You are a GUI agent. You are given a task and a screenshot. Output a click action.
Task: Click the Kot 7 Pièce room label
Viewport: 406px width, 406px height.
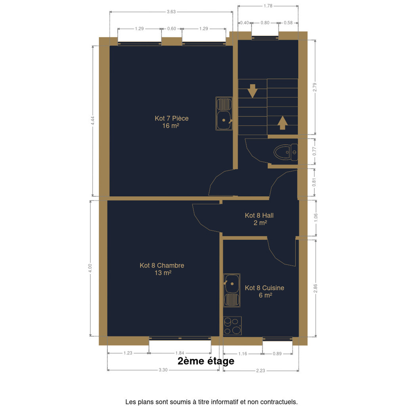tap(171, 122)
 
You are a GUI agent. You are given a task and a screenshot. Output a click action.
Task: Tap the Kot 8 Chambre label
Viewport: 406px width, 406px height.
tap(162, 269)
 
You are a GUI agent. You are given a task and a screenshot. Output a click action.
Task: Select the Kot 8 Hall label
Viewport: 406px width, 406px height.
tap(259, 219)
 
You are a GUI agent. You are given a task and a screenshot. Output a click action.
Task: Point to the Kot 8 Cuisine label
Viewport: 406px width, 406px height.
tap(264, 291)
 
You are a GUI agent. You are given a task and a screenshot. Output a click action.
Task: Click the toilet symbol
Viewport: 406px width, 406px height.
tap(285, 152)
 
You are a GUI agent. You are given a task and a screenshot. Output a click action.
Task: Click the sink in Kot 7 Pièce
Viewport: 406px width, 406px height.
tap(224, 113)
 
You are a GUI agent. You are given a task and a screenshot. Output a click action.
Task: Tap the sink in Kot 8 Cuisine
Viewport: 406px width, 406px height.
tap(232, 291)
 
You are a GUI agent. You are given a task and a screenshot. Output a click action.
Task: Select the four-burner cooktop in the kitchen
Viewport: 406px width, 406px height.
tap(232, 326)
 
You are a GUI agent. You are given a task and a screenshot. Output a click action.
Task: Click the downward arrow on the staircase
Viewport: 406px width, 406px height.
tap(252, 91)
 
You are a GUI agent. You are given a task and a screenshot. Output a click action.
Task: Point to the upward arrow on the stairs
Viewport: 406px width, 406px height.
tap(282, 123)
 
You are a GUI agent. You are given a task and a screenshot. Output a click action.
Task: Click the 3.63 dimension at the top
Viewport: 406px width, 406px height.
tap(171, 11)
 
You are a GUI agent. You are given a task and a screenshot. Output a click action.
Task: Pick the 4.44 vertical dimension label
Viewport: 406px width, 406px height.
tap(93, 121)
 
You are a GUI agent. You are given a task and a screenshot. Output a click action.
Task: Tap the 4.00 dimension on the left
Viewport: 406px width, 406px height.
tap(90, 268)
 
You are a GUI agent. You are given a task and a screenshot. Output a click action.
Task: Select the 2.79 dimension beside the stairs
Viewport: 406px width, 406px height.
tap(315, 87)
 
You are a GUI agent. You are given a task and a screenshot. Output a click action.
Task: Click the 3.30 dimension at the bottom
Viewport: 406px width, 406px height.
tap(163, 370)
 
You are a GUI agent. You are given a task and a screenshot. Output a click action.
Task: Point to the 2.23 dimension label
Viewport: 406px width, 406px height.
tap(260, 371)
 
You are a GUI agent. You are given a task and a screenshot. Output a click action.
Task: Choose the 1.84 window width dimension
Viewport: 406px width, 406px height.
tap(180, 353)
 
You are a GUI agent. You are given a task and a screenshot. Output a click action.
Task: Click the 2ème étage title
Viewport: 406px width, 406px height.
tap(206, 361)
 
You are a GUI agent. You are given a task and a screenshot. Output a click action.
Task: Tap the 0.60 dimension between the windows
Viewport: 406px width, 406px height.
tap(172, 29)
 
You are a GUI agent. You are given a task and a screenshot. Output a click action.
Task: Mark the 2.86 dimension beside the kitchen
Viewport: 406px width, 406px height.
tap(315, 289)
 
